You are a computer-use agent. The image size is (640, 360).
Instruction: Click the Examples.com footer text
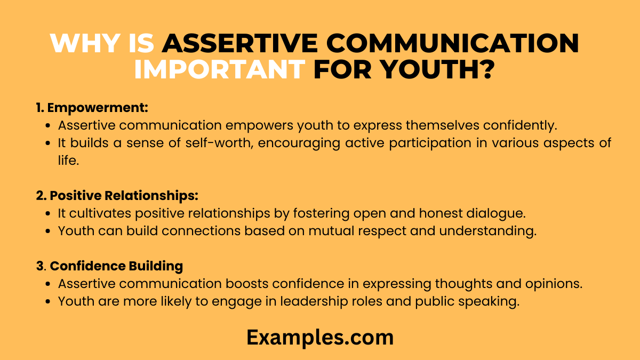[320, 337]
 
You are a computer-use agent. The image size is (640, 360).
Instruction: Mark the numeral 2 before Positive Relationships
[39, 196]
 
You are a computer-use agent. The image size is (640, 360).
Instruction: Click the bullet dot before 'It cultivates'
[49, 213]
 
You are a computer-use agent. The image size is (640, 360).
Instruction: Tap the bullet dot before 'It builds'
[49, 143]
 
